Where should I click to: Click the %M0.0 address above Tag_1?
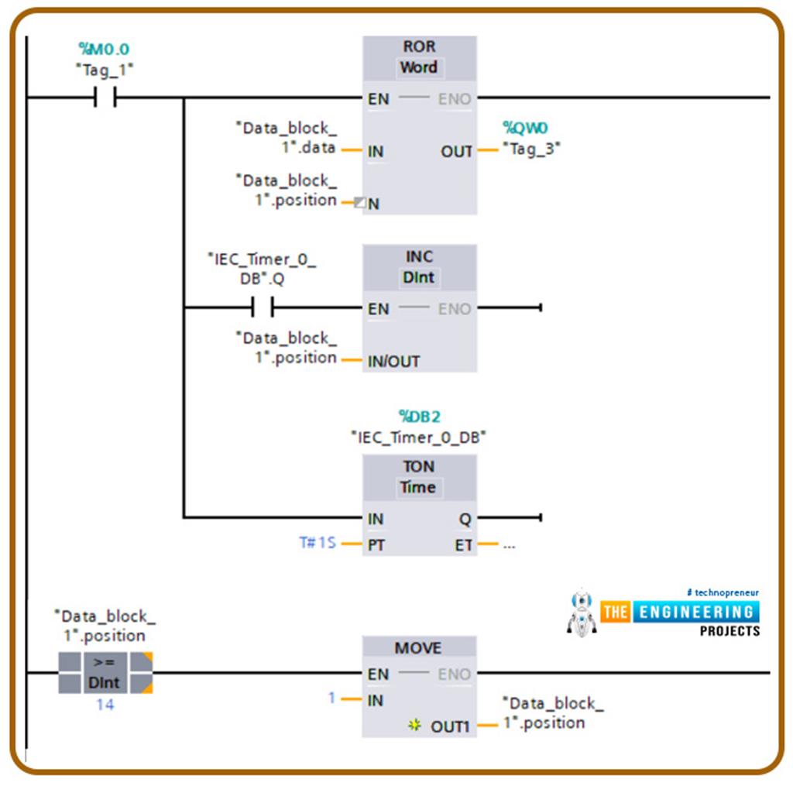click(x=104, y=50)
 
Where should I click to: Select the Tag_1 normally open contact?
click(x=105, y=98)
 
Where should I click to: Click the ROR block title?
click(x=419, y=46)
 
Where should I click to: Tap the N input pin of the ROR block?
click(x=373, y=204)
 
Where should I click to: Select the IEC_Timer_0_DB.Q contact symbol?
click(x=263, y=309)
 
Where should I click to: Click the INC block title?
click(x=419, y=256)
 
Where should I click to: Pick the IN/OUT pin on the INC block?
click(x=394, y=361)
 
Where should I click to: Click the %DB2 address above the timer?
click(x=418, y=417)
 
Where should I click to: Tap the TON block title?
click(x=419, y=466)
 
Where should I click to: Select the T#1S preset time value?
click(x=318, y=544)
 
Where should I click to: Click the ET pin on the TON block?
click(x=463, y=545)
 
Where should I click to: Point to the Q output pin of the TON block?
click(x=464, y=519)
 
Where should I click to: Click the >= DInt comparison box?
click(x=105, y=672)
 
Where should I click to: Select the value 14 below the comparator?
click(x=105, y=705)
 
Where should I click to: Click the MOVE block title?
click(x=418, y=648)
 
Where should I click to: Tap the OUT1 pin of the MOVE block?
click(x=450, y=726)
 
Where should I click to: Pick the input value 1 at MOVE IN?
click(x=331, y=698)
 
